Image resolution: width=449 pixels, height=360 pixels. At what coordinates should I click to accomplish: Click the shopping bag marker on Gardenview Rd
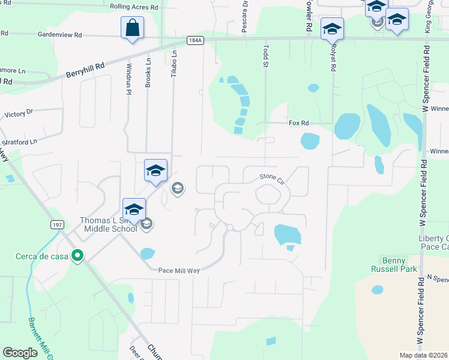132,28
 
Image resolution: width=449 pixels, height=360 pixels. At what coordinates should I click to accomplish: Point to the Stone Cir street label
271,176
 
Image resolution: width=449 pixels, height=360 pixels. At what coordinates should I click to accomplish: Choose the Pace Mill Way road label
178,271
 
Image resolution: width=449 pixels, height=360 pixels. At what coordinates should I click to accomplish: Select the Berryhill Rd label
85,70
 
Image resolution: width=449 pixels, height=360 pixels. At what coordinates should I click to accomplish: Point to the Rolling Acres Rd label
133,7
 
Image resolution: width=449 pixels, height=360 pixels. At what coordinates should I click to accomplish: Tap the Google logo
20,353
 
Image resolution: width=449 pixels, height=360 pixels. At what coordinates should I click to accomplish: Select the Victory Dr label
19,112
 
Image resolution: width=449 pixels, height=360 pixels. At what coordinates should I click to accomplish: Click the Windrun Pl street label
128,75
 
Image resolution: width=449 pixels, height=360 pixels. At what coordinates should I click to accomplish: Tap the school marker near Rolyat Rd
332,28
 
